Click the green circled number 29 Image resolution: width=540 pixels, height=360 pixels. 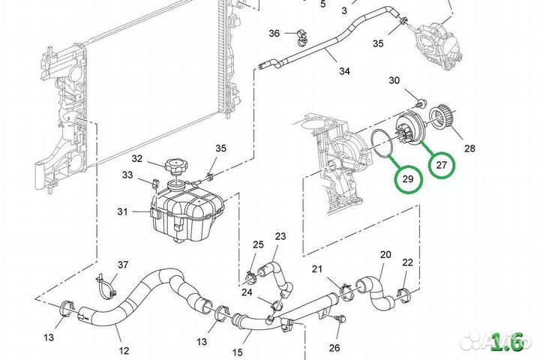[x=408, y=178]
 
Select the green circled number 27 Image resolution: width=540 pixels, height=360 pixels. [x=441, y=164]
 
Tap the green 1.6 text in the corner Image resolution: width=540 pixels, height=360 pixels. [x=506, y=342]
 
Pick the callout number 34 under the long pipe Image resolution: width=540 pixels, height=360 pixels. [x=344, y=72]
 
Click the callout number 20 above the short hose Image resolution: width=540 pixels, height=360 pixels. [x=385, y=255]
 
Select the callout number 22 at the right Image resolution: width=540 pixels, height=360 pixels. [x=407, y=262]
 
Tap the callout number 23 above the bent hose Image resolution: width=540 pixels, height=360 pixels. [x=280, y=236]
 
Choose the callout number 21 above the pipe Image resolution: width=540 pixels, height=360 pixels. [x=317, y=269]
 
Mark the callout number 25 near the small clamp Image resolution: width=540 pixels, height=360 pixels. [x=258, y=245]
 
